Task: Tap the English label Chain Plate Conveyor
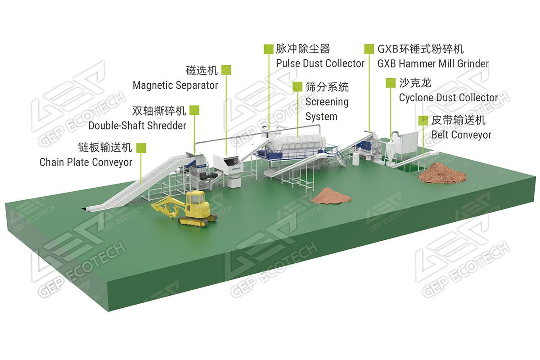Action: [86, 162]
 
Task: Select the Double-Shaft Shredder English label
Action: [137, 126]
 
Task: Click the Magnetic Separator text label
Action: [175, 85]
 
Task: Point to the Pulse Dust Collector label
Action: [320, 63]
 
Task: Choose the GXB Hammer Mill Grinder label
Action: [433, 63]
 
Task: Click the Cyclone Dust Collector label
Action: [448, 98]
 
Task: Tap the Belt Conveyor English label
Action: [461, 135]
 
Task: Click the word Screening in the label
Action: [327, 102]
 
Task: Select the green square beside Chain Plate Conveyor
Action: [141, 147]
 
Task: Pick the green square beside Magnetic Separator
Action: [226, 70]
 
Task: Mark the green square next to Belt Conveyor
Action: [423, 120]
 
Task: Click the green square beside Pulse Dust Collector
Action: [269, 49]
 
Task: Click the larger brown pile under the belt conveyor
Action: [442, 173]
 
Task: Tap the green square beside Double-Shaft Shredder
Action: [194, 110]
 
